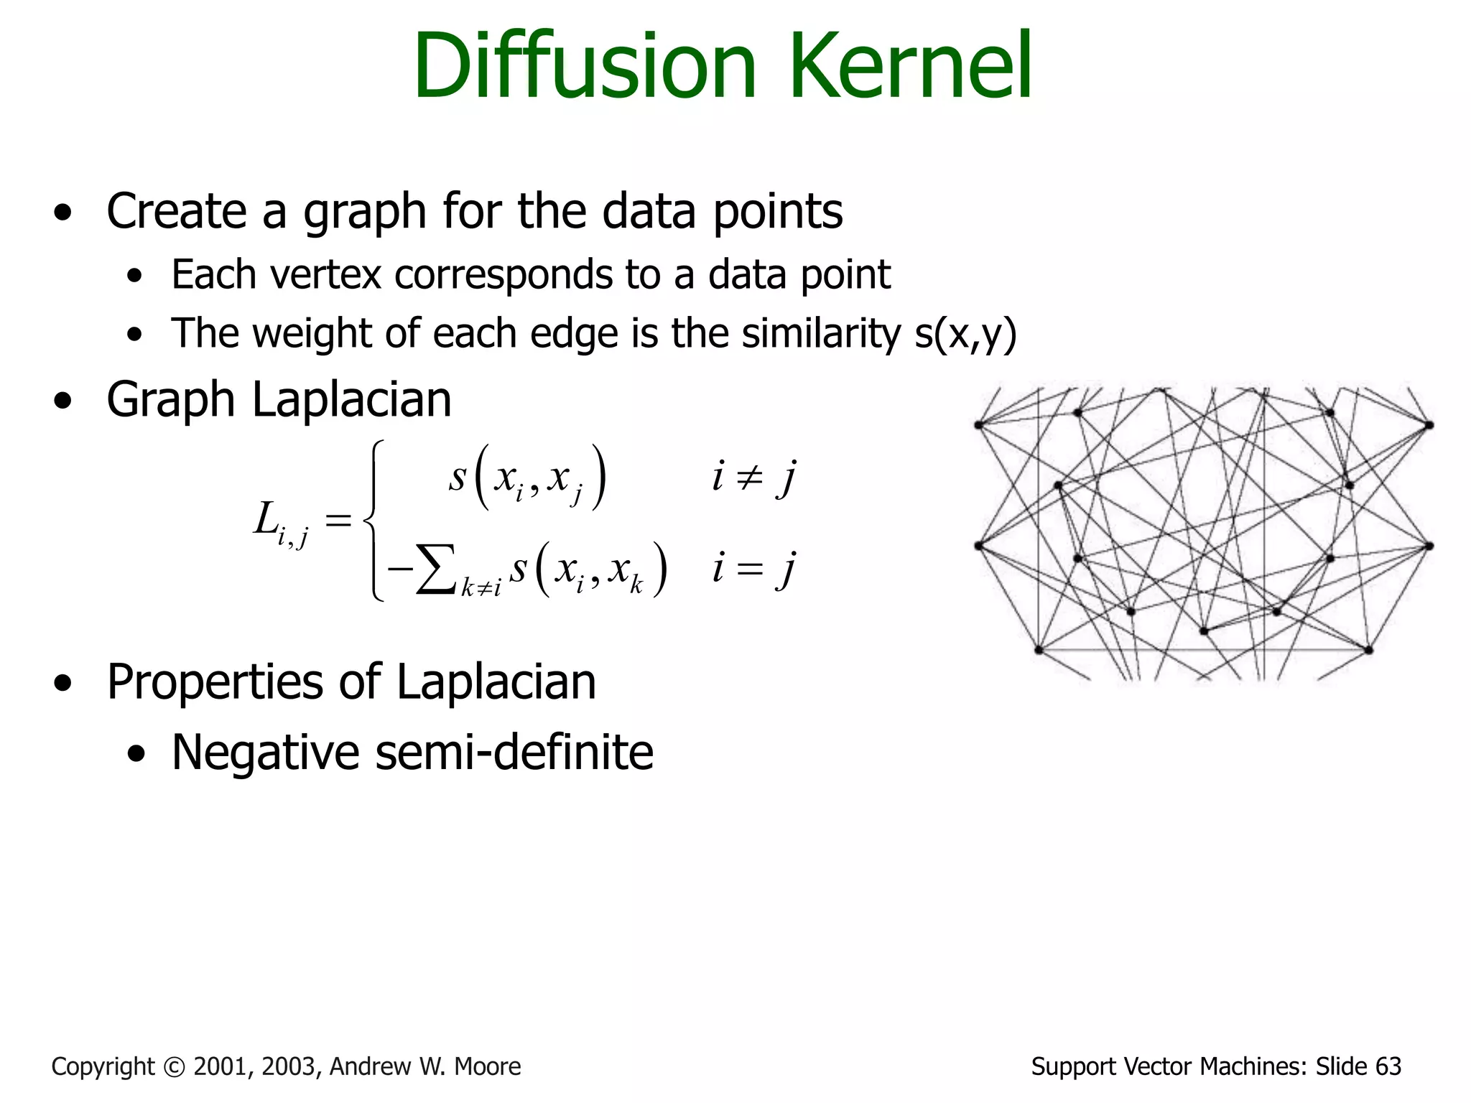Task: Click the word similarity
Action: click(x=820, y=334)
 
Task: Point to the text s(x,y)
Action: click(x=966, y=335)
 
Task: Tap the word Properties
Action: click(x=215, y=682)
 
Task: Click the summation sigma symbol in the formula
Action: click(x=435, y=569)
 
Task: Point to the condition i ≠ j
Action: click(x=753, y=477)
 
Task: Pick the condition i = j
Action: click(x=753, y=569)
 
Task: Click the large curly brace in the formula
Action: click(x=373, y=520)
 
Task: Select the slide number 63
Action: click(x=1388, y=1067)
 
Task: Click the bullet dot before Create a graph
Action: click(x=63, y=213)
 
